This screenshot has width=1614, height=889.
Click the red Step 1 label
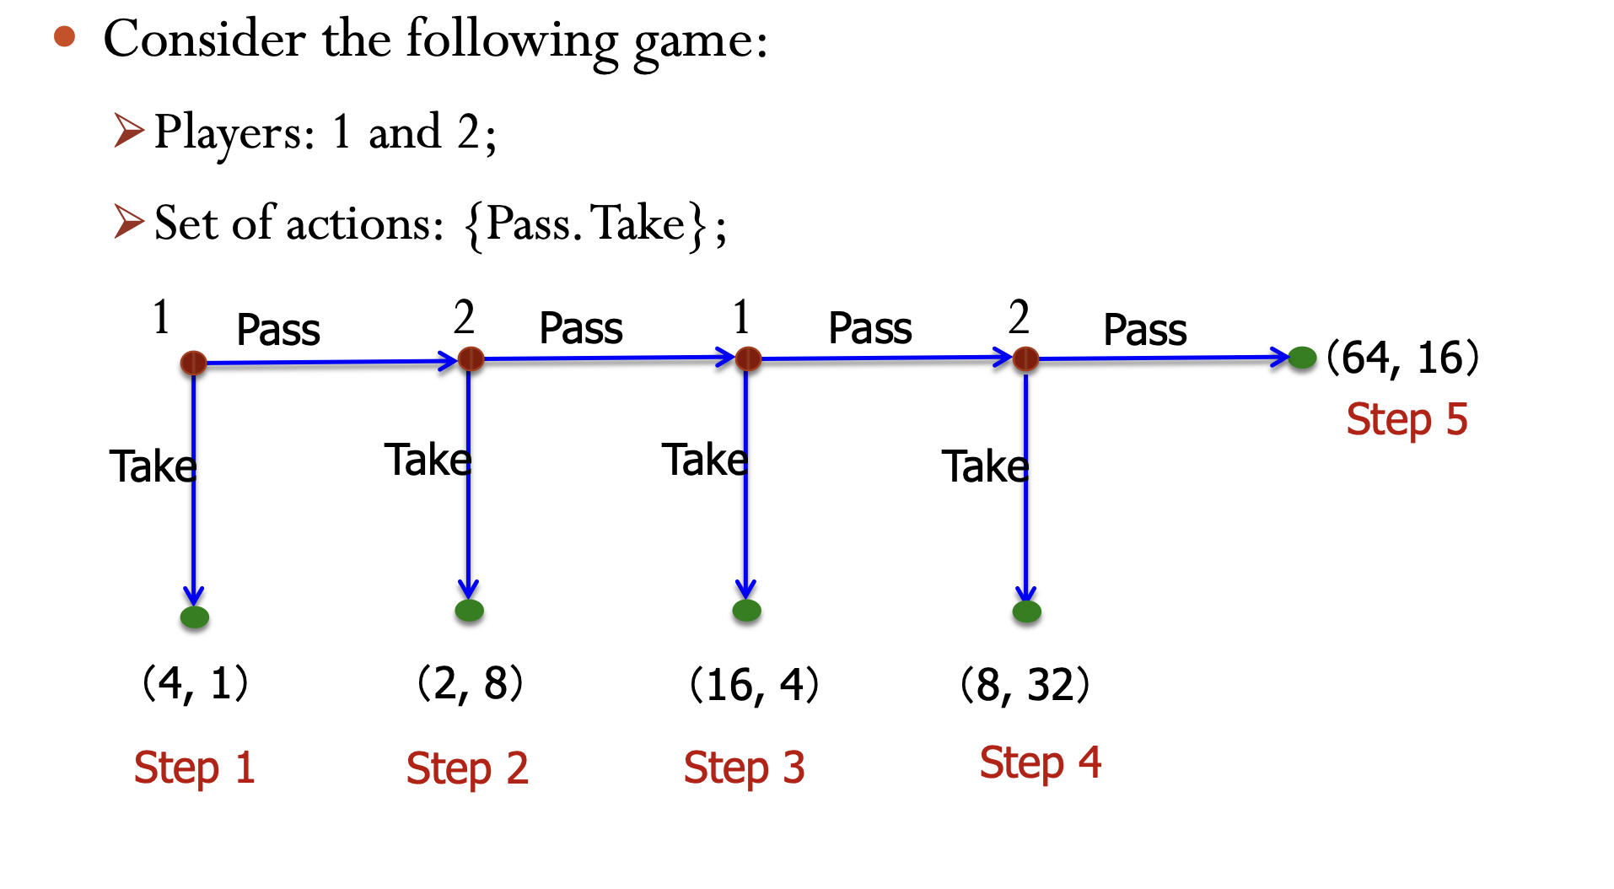click(194, 768)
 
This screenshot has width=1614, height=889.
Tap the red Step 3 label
click(744, 768)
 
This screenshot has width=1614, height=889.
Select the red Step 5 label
click(1407, 419)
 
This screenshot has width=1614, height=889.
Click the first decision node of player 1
click(193, 363)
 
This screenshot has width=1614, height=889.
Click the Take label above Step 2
click(428, 460)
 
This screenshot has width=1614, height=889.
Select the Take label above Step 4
click(985, 466)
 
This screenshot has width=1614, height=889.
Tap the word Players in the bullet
click(234, 133)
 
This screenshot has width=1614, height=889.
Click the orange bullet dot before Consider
click(64, 37)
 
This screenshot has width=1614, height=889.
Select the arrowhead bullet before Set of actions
click(129, 222)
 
